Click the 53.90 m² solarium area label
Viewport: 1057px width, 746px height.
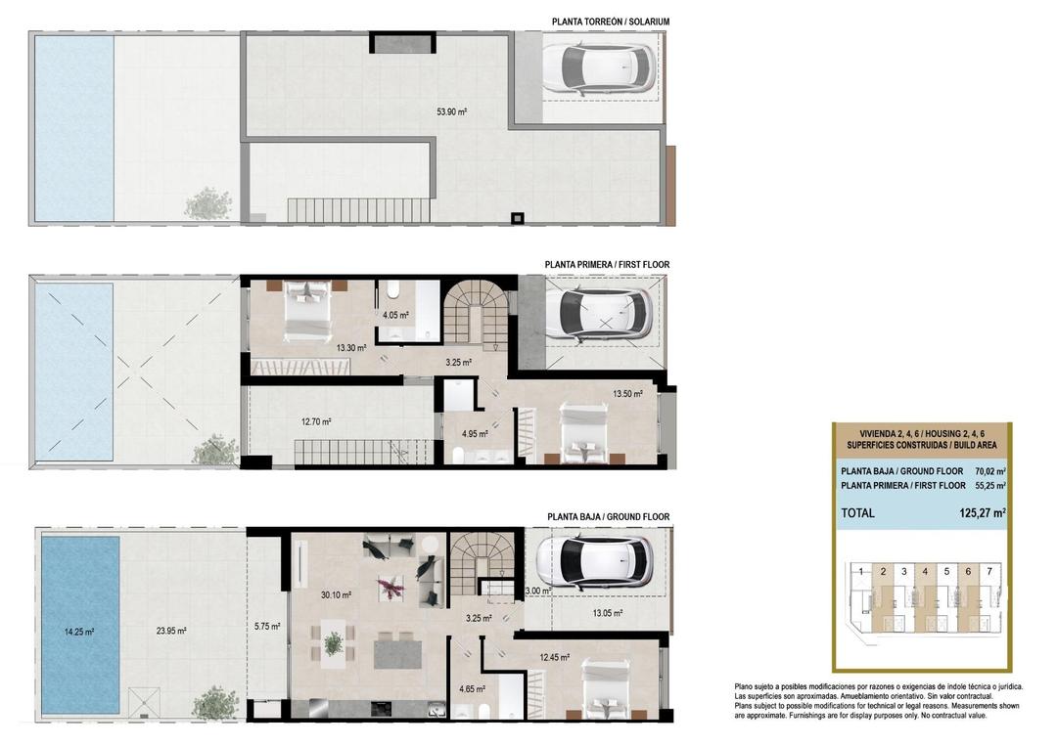pyautogui.click(x=451, y=112)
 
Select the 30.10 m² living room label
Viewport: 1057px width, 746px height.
pyautogui.click(x=336, y=593)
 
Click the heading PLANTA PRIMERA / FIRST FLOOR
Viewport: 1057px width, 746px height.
pyautogui.click(x=607, y=264)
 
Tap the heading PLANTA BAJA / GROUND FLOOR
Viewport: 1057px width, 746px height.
pyautogui.click(x=608, y=516)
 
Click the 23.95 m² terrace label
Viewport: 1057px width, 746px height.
pyautogui.click(x=169, y=632)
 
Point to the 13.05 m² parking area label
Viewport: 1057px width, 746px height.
pyautogui.click(x=607, y=613)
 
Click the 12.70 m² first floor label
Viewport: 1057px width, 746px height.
pyautogui.click(x=315, y=422)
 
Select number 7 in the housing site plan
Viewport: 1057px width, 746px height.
pyautogui.click(x=989, y=571)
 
